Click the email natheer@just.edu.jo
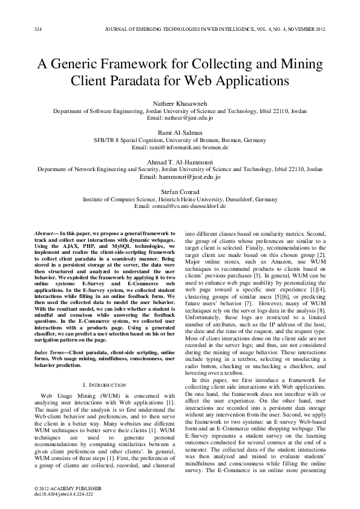pos(180,118)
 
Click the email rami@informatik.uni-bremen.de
pos(180,147)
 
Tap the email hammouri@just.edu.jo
pos(180,177)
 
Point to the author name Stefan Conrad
pos(180,192)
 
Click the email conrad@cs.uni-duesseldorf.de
pos(180,206)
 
